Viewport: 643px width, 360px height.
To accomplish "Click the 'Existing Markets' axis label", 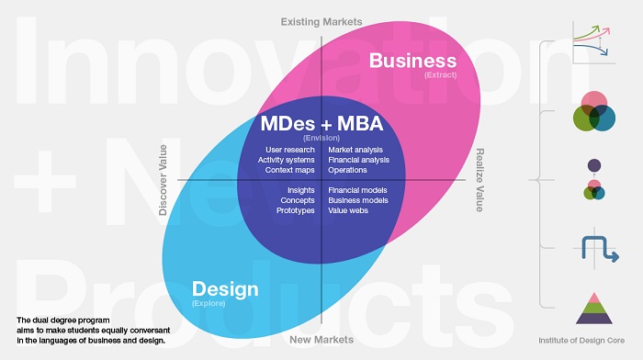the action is [x=321, y=20].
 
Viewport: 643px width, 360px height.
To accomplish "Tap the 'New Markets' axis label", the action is [x=321, y=340].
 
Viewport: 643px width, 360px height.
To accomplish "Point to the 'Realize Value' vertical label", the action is [x=479, y=180].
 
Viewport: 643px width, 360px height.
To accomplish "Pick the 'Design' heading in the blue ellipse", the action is [x=224, y=290].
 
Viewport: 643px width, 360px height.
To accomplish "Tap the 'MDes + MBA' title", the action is [x=321, y=123].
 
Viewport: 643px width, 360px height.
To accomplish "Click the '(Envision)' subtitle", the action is [x=321, y=137].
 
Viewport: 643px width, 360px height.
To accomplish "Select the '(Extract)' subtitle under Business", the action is [x=440, y=74].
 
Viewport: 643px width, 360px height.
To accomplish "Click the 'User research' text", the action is [x=289, y=150].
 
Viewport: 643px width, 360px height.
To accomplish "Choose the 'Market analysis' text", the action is [x=355, y=150].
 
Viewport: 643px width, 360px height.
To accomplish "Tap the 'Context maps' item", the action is [x=288, y=170].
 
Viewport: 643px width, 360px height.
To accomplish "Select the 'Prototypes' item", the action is [x=296, y=210].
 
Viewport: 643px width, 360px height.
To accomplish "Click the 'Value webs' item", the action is [x=349, y=210].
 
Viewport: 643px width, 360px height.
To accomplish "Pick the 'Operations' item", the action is [x=347, y=170].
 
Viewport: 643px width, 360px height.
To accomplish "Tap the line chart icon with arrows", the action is [x=592, y=42].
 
